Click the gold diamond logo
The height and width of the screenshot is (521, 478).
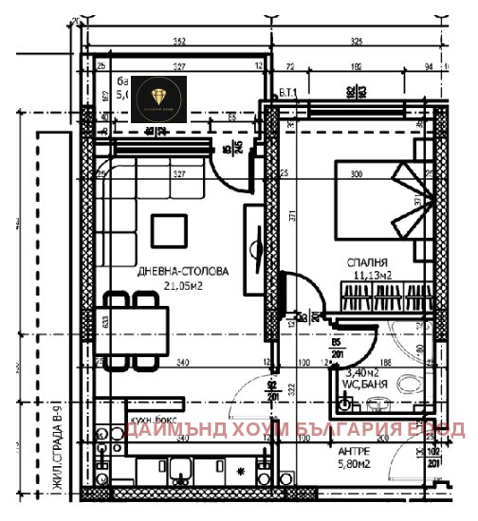[156, 99]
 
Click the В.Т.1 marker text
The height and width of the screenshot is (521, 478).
[287, 91]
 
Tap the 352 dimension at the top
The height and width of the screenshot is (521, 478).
[177, 42]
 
